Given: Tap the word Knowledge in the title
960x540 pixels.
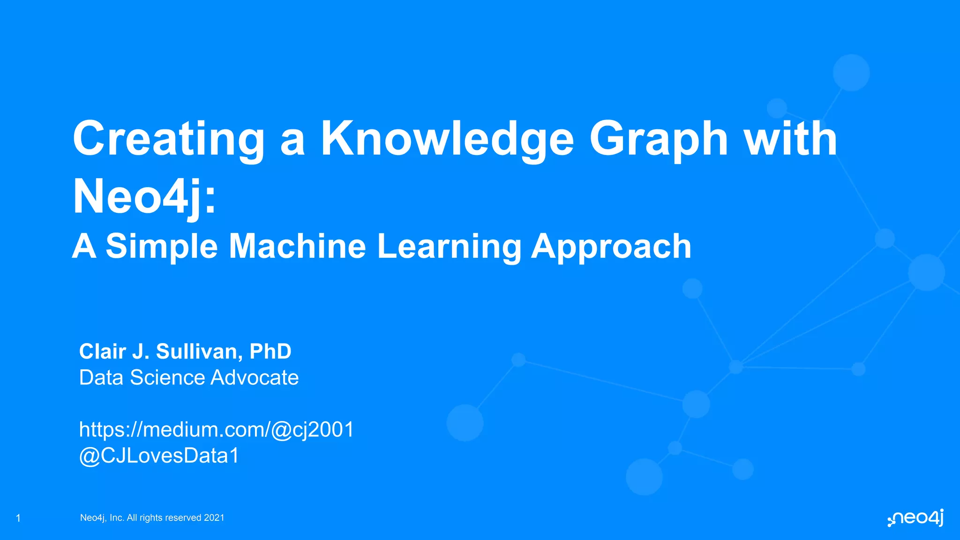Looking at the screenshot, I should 447,139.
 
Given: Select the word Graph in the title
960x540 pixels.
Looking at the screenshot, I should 659,139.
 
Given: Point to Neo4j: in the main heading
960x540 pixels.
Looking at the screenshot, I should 144,197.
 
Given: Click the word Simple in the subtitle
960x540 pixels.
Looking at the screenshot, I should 162,247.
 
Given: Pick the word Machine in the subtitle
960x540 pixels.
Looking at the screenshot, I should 297,247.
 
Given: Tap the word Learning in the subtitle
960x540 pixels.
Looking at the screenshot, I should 449,247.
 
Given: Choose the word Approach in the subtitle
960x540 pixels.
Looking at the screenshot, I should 611,247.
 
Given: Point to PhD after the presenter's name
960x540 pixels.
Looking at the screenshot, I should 270,352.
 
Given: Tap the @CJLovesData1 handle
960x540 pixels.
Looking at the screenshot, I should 159,456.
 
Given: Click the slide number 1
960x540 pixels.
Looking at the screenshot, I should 18,518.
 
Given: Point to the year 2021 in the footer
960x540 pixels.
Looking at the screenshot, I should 214,518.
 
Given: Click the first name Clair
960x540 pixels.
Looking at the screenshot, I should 103,352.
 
